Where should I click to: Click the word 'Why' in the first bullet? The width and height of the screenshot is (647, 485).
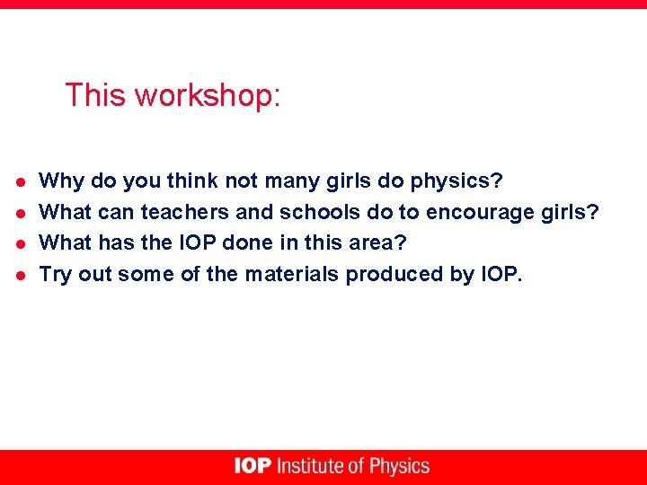(x=62, y=181)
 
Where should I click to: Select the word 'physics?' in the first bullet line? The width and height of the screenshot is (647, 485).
(x=456, y=181)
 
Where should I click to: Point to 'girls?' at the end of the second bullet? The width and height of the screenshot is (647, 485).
(x=570, y=213)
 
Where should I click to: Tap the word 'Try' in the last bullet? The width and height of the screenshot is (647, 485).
(x=56, y=275)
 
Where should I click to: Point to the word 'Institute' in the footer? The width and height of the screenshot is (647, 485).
(x=311, y=466)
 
